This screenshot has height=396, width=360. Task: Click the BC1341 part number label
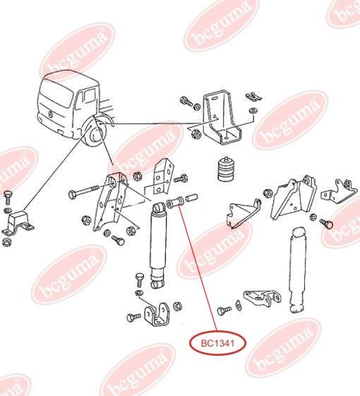(x=218, y=343)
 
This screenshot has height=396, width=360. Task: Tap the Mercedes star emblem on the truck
(x=52, y=114)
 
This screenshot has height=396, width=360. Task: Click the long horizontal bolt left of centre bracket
(x=84, y=192)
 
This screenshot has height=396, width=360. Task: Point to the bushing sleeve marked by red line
(x=174, y=202)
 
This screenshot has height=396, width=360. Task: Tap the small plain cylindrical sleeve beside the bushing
(x=192, y=197)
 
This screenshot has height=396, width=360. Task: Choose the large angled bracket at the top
(x=220, y=117)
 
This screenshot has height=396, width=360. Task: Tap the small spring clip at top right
(x=253, y=97)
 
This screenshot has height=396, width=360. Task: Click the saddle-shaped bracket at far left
(x=18, y=224)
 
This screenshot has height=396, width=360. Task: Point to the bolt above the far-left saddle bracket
(x=8, y=196)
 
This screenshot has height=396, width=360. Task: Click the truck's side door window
(x=88, y=96)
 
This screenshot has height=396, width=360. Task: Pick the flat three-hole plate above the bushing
(x=164, y=175)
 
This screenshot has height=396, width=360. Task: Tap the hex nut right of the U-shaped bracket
(x=178, y=306)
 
